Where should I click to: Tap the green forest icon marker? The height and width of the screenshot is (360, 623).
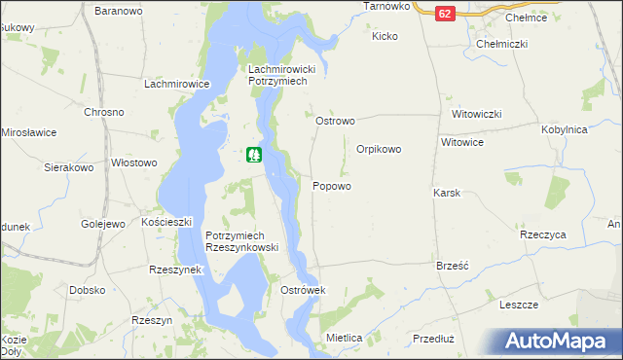coord(254,154)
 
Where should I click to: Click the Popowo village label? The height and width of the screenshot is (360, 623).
coord(332,186)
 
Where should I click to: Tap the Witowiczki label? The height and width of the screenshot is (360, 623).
coord(476,114)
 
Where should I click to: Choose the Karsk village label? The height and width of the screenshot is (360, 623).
coord(446,193)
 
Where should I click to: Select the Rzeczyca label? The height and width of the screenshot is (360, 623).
coord(543,235)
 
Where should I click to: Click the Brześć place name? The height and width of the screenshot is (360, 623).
coord(454,265)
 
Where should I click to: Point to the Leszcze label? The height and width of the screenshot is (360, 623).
coord(519,305)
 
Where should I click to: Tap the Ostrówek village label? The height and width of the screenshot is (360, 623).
coord(302,291)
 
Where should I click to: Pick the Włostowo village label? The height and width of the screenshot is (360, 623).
coord(134,163)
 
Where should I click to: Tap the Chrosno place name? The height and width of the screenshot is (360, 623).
coord(103,112)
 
